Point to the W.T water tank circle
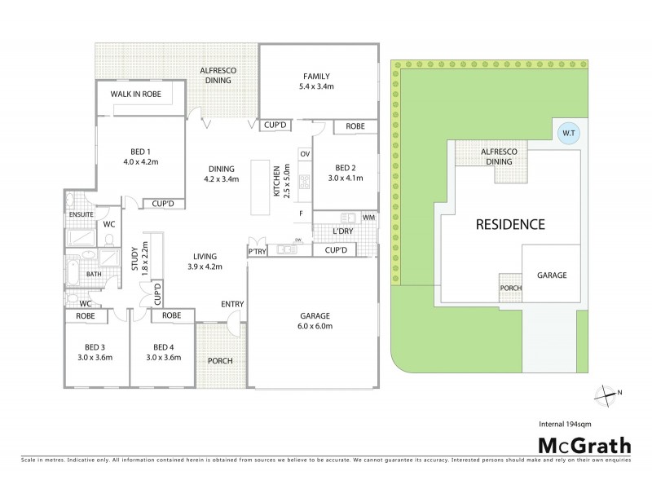(567, 134)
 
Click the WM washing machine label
(368, 218)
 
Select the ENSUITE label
(80, 214)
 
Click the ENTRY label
(232, 304)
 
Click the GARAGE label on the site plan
(551, 275)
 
